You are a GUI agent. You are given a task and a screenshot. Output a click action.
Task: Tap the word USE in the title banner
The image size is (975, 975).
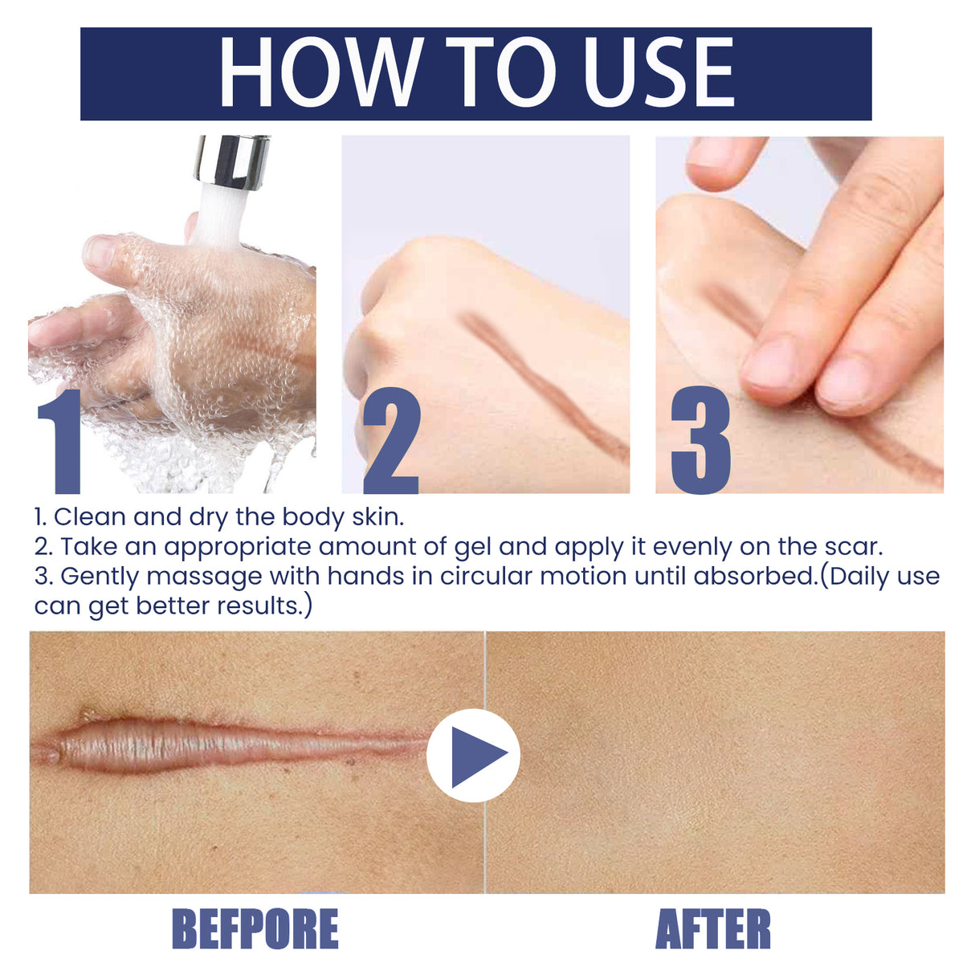click(x=658, y=73)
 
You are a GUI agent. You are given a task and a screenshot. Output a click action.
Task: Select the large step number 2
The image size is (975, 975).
click(x=391, y=442)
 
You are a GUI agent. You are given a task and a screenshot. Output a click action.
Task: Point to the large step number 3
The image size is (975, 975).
click(x=700, y=442)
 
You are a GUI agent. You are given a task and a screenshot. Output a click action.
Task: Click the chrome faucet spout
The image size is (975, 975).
click(x=230, y=161)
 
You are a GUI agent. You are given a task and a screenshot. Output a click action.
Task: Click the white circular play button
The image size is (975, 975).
click(x=474, y=756)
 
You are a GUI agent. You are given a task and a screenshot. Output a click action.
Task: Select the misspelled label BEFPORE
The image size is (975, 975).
click(x=255, y=929)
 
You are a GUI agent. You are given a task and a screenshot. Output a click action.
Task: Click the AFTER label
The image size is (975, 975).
click(x=713, y=929)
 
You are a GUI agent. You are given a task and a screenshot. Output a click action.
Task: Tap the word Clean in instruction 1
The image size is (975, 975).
click(x=90, y=517)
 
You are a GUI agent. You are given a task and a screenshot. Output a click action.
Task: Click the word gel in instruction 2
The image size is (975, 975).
click(x=472, y=548)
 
